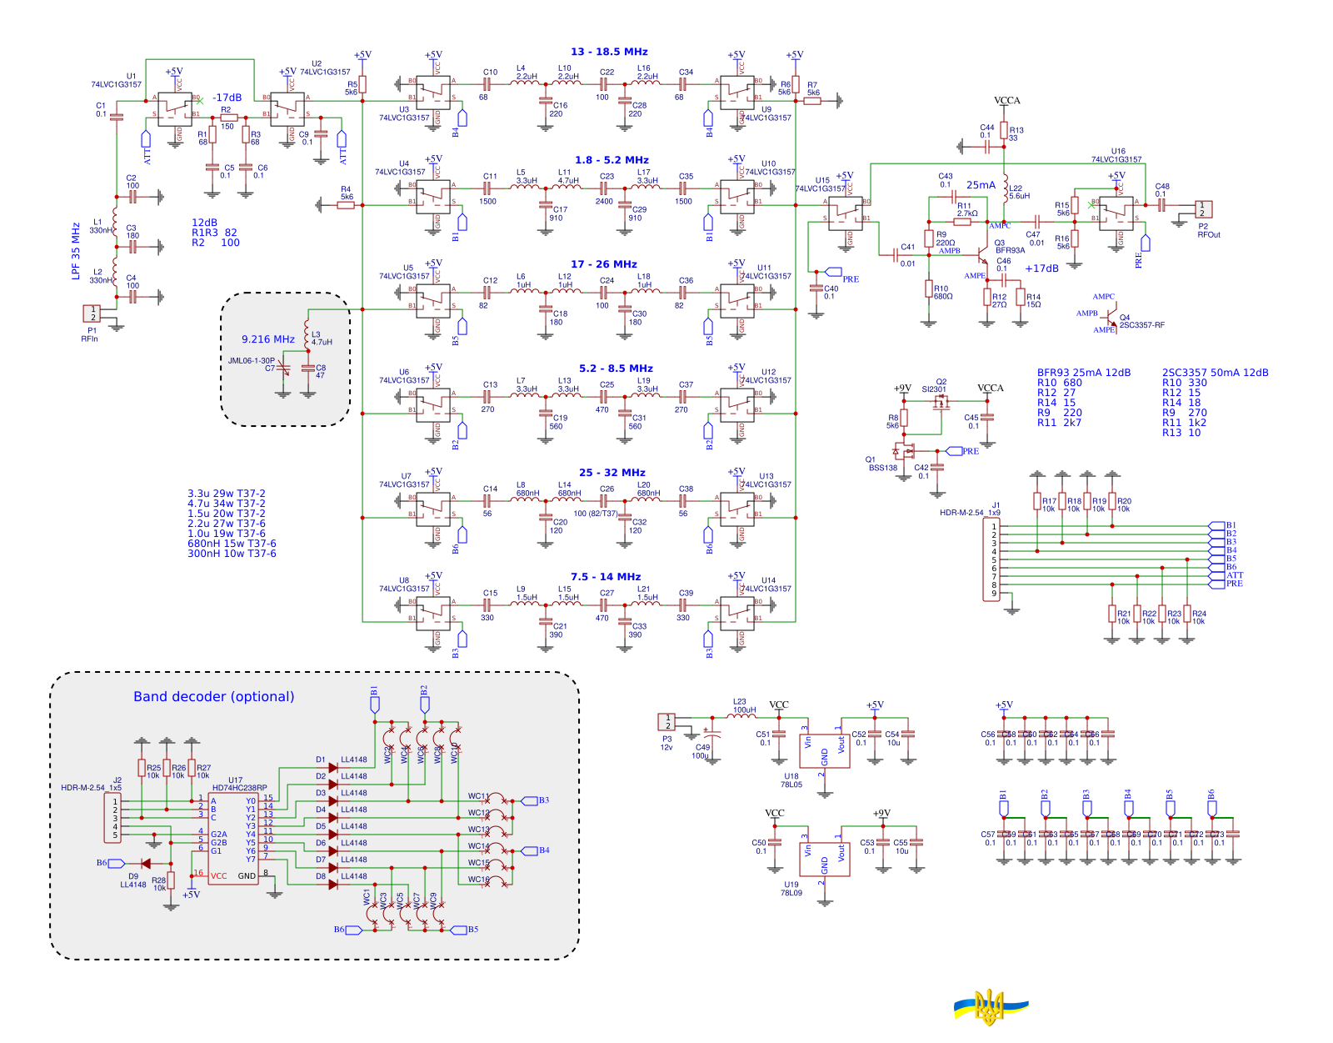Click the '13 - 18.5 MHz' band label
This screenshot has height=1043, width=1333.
pos(609,52)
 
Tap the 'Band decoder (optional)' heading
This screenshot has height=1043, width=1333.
pos(213,697)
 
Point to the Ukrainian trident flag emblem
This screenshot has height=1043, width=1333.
pos(991,1007)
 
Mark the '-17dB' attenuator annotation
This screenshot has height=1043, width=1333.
pos(227,98)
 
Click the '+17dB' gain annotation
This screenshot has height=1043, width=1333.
pos(1041,268)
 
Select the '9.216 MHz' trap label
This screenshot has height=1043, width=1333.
pos(267,339)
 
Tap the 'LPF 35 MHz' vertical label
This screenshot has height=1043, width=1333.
pos(76,251)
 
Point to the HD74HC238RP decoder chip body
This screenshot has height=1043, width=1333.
pos(233,838)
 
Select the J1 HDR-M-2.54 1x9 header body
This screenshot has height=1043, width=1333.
pos(993,559)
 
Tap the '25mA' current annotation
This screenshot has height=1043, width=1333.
pos(981,185)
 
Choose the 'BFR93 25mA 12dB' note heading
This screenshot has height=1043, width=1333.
pos(1083,373)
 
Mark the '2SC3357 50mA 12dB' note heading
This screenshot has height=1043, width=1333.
pos(1215,373)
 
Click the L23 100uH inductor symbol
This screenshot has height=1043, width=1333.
pos(741,716)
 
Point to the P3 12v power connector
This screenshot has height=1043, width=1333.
pos(666,721)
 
